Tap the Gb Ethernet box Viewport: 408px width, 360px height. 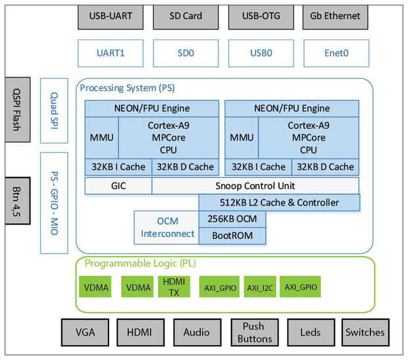(x=336, y=15)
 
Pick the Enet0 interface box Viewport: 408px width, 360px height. (x=336, y=53)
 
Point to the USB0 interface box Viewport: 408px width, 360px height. (x=260, y=53)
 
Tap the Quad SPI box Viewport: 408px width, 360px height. (x=54, y=110)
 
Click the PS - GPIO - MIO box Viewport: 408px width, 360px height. (x=54, y=202)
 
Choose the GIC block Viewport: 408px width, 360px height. (x=118, y=186)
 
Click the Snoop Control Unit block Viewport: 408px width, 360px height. (x=255, y=186)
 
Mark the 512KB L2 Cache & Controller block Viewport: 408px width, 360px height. (x=280, y=202)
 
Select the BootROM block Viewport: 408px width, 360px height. (x=233, y=235)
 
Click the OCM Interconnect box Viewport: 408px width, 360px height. (x=166, y=227)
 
